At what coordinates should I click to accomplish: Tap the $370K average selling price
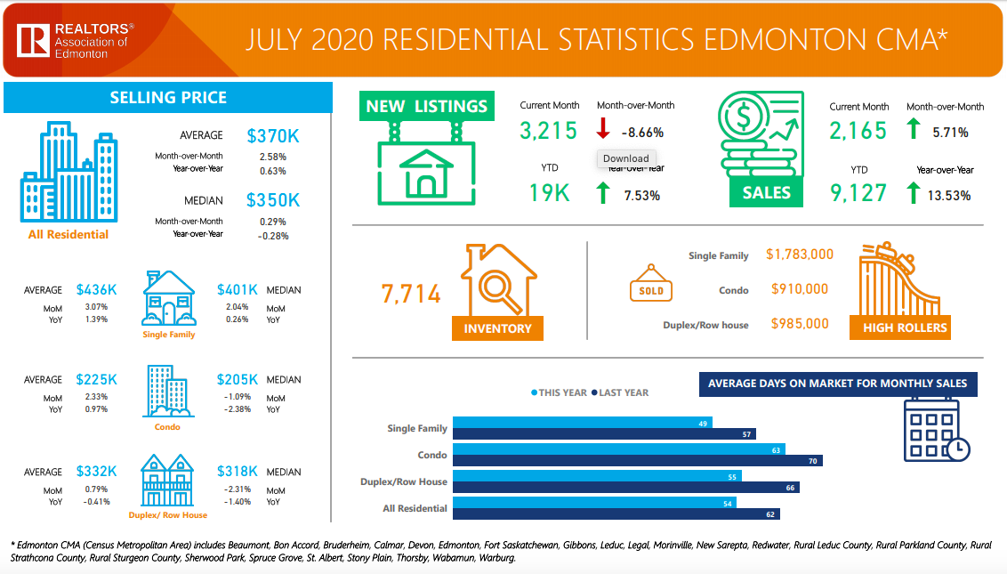tap(273, 136)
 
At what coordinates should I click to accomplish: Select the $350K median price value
tap(273, 200)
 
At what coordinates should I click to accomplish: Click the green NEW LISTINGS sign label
tap(426, 106)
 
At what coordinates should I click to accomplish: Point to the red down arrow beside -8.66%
tap(602, 130)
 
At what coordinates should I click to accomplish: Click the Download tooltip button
tap(625, 158)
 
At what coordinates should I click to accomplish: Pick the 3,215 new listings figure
tap(549, 131)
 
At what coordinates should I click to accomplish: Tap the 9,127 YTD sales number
tap(858, 193)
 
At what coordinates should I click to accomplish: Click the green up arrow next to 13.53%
tap(913, 193)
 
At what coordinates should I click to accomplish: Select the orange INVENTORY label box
tap(497, 328)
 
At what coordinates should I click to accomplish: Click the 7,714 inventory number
tap(411, 295)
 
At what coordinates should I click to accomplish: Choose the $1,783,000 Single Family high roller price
tap(802, 255)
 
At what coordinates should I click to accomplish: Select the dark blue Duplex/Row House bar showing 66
tap(625, 487)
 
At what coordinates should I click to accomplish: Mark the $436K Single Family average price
tap(96, 290)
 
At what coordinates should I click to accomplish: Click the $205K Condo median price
tap(238, 380)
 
